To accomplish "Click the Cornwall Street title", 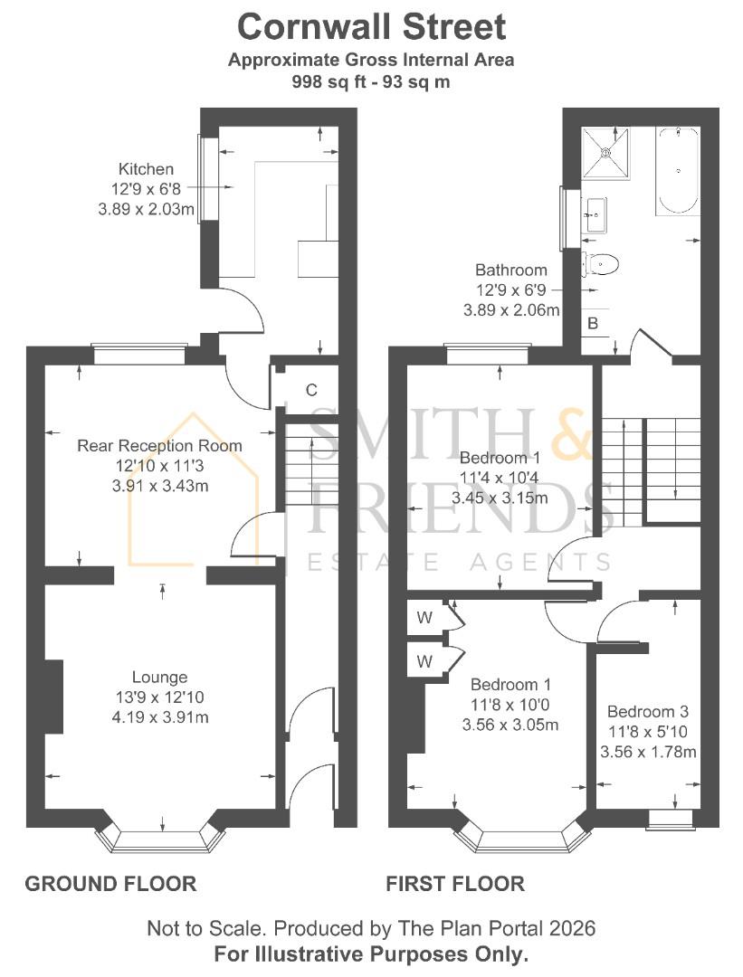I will (x=371, y=27).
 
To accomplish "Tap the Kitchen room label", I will (x=146, y=169).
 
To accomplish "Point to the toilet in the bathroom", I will (x=602, y=264).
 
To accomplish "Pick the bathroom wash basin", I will (x=597, y=215).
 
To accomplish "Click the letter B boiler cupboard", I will (x=593, y=323).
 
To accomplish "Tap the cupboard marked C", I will (x=310, y=390).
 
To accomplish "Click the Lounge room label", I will (x=160, y=677).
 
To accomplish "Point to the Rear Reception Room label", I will (x=160, y=445).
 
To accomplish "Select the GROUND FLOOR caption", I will (x=110, y=883).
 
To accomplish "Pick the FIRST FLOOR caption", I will (x=455, y=883).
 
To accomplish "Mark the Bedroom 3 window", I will (x=671, y=819).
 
